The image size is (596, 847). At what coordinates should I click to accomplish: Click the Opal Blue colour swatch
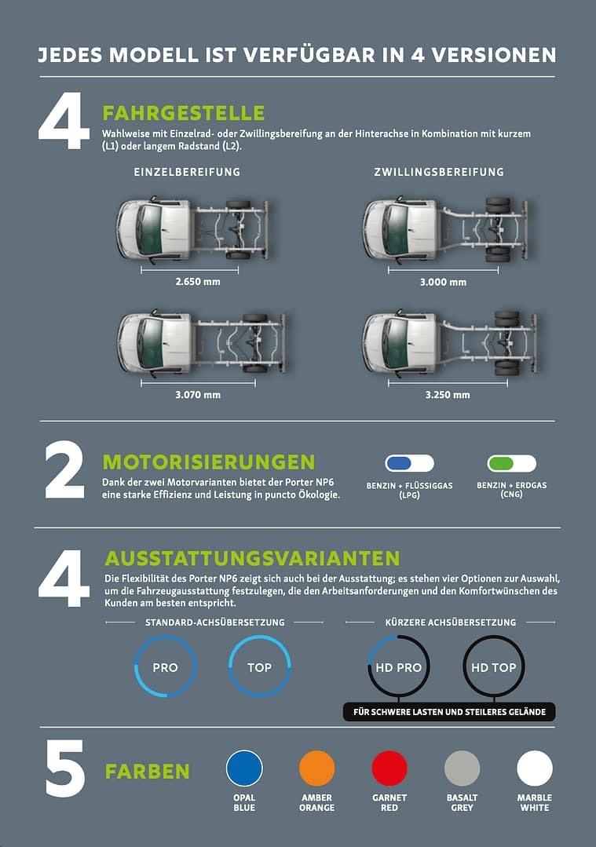244,769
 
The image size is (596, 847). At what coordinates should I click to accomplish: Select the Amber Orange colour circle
316,769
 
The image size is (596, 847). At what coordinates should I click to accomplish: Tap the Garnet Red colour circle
389,769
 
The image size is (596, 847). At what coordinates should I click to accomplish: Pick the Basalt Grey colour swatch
462,769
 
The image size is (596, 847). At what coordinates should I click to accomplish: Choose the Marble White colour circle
535,769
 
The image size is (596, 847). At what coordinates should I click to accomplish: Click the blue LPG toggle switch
410,463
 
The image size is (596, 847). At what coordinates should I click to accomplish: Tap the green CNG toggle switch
512,463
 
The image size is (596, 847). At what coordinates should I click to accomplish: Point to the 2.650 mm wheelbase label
198,282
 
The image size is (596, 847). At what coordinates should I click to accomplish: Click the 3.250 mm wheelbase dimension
448,395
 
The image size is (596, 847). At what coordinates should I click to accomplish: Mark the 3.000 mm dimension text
443,282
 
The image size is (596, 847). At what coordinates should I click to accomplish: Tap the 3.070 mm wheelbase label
198,395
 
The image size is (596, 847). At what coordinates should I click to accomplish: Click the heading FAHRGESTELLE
184,114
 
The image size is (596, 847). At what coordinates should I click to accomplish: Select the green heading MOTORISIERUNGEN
209,462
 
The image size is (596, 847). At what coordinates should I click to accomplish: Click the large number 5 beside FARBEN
65,769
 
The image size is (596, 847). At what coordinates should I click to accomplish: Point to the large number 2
65,469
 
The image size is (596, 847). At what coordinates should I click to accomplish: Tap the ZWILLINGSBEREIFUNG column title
439,172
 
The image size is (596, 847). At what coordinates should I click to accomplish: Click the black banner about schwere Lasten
449,712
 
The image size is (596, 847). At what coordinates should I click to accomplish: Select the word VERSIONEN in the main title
494,55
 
